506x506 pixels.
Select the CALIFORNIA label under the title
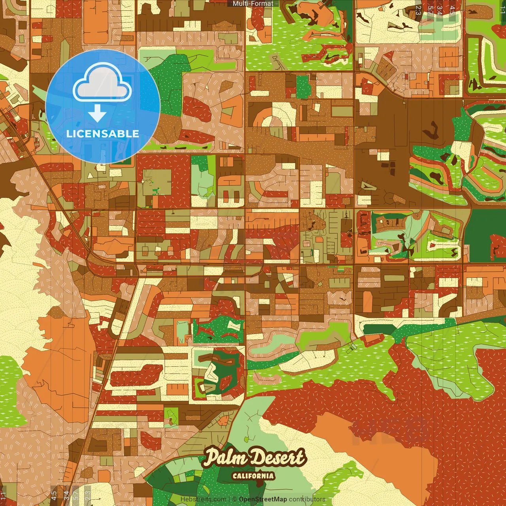click(x=253, y=476)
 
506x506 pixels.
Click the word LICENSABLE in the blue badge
click(x=103, y=134)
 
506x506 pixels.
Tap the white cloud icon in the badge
click(x=102, y=84)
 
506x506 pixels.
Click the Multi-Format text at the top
click(x=253, y=4)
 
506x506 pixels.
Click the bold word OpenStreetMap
click(x=263, y=499)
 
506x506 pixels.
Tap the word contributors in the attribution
click(x=307, y=499)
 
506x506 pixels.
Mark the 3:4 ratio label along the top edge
click(x=440, y=10)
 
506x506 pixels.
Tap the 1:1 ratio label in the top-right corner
click(x=502, y=9)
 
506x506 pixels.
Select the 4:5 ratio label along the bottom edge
click(x=54, y=495)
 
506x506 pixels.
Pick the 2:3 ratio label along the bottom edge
click(x=88, y=495)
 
